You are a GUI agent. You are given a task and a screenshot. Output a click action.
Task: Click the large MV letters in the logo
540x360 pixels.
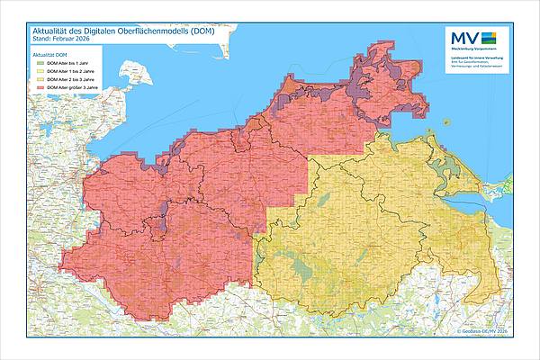tap(463, 37)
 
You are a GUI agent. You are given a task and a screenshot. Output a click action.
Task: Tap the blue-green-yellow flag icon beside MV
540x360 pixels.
tap(490, 37)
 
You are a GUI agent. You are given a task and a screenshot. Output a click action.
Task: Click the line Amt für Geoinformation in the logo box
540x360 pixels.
tap(473, 63)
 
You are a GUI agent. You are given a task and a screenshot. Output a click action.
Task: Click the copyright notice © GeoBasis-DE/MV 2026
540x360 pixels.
tap(481, 333)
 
